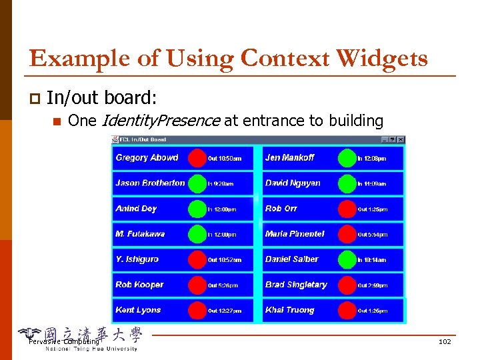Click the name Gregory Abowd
coord(147,158)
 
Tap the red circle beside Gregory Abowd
coord(197,158)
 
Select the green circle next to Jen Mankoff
coord(347,158)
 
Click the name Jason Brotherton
coord(150,183)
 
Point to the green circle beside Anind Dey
coord(197,209)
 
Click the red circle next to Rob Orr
coord(347,209)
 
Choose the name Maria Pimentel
coord(295,234)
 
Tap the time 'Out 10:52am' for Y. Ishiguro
coord(225,260)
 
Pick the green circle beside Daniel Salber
coord(347,259)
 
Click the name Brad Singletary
coord(296,285)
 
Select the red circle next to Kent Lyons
coord(197,310)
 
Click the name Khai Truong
coord(289,310)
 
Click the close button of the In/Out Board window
coord(401,139)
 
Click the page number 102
coord(445,341)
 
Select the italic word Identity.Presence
coord(160,121)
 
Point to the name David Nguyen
coord(293,183)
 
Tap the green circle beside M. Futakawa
coord(197,234)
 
